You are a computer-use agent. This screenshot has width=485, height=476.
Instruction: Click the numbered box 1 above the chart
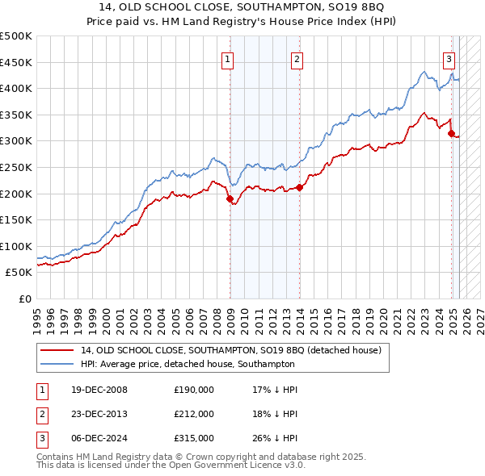[x=227, y=59]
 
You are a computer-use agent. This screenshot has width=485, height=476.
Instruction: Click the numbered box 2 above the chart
[x=297, y=59]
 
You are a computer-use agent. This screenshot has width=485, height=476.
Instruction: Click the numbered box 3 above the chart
[x=449, y=59]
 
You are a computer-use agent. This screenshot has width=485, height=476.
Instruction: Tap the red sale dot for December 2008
[x=230, y=198]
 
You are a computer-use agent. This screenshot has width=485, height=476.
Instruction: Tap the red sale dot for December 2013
[x=299, y=187]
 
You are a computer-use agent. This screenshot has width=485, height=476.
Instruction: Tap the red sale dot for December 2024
[x=452, y=133]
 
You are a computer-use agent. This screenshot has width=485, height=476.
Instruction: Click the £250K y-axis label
[x=16, y=167]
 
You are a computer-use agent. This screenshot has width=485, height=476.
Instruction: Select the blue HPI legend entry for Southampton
[x=213, y=363]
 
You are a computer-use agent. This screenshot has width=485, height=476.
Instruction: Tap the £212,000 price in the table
[x=194, y=414]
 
